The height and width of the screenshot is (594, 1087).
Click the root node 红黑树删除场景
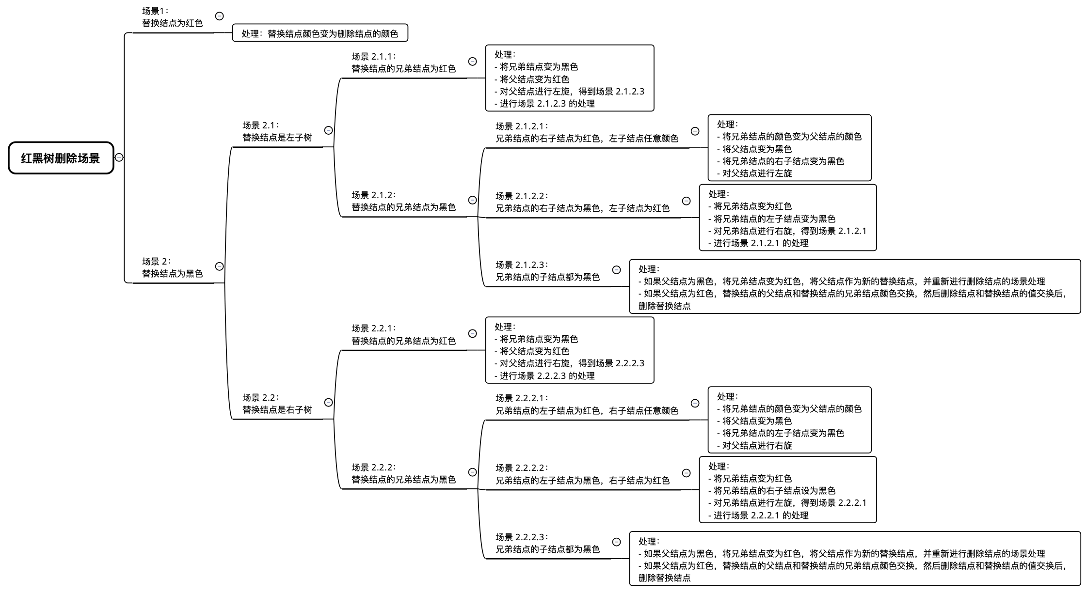(61, 158)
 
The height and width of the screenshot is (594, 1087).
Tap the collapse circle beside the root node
(119, 157)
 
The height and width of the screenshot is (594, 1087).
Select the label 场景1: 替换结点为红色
(172, 17)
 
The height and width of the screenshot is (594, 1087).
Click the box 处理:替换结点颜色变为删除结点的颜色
(320, 33)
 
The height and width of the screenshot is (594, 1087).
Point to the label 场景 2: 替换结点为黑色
(172, 267)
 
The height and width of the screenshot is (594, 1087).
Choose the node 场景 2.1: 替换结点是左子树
(277, 131)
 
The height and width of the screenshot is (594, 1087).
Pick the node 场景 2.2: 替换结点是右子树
(277, 404)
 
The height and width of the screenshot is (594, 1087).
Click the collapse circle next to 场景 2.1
(329, 130)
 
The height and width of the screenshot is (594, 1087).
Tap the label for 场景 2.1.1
(403, 63)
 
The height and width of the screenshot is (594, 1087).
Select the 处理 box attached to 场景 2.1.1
(570, 78)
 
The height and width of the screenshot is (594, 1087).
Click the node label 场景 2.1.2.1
(587, 132)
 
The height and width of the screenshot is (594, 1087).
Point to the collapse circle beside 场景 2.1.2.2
(687, 201)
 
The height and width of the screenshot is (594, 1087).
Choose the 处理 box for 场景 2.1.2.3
(855, 286)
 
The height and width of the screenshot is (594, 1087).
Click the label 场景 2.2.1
(403, 334)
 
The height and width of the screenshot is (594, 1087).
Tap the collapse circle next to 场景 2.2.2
(472, 472)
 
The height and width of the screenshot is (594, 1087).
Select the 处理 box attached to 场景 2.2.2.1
(789, 420)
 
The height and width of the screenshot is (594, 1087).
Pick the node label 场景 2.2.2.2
(582, 474)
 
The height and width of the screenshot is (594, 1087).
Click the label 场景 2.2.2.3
(547, 543)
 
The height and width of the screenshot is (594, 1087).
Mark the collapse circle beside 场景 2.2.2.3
(617, 542)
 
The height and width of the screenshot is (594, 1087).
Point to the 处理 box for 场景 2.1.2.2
(788, 218)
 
